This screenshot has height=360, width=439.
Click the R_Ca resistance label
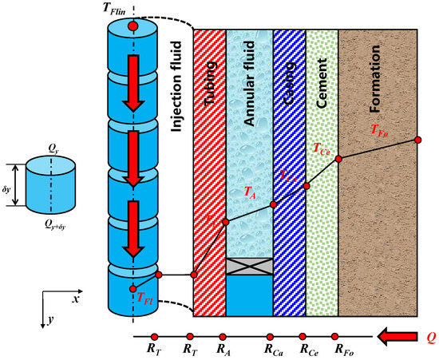click(x=272, y=349)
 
